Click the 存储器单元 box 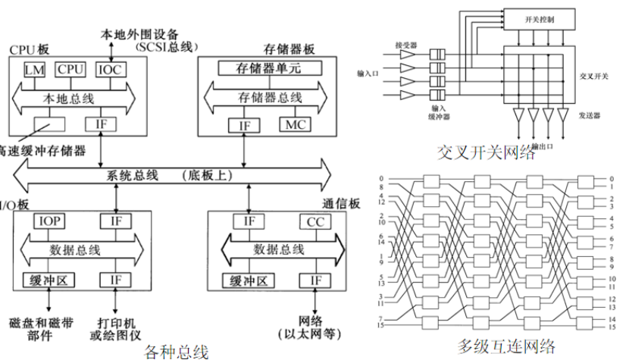pyautogui.click(x=270, y=68)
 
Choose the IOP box pyautogui.click(x=50, y=221)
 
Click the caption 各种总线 pyautogui.click(x=176, y=351)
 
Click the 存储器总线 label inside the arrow pyautogui.click(x=270, y=97)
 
